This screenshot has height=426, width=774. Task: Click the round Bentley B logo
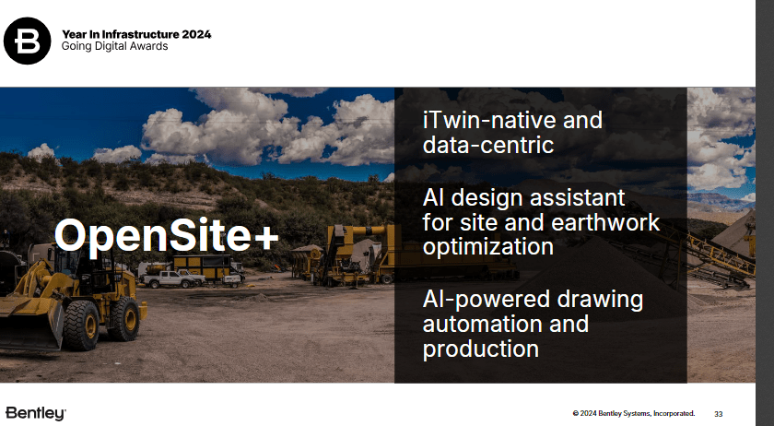click(x=28, y=40)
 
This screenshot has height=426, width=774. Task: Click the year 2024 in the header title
click(x=195, y=34)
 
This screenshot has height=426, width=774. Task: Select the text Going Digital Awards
click(x=115, y=47)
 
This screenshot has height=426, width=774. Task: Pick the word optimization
click(x=488, y=247)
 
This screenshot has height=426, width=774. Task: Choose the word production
click(x=481, y=349)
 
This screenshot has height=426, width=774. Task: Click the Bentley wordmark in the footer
click(x=36, y=412)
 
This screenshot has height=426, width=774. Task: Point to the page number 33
click(x=719, y=413)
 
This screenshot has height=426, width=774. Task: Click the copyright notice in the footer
click(x=633, y=413)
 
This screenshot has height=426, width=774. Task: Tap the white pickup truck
click(x=171, y=278)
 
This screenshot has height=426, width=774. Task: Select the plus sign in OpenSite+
click(x=265, y=236)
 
